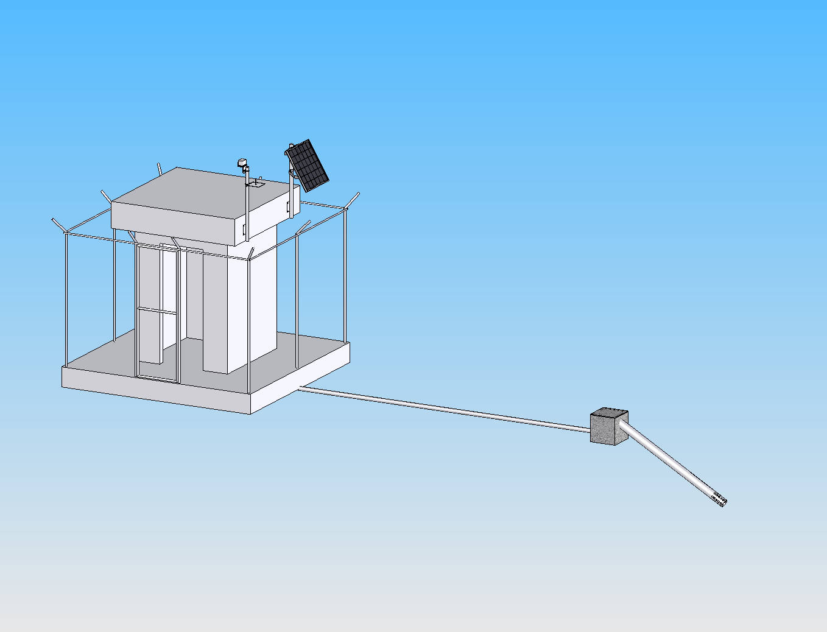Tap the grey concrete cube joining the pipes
coord(607,429)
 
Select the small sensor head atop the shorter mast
coord(241,163)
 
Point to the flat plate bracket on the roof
coord(255,184)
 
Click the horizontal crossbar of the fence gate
coord(157,311)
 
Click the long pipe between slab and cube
coord(445,408)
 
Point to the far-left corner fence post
coord(65,298)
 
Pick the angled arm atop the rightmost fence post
coord(353,200)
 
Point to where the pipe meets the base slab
coord(301,388)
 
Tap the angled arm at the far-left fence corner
coord(58,225)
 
